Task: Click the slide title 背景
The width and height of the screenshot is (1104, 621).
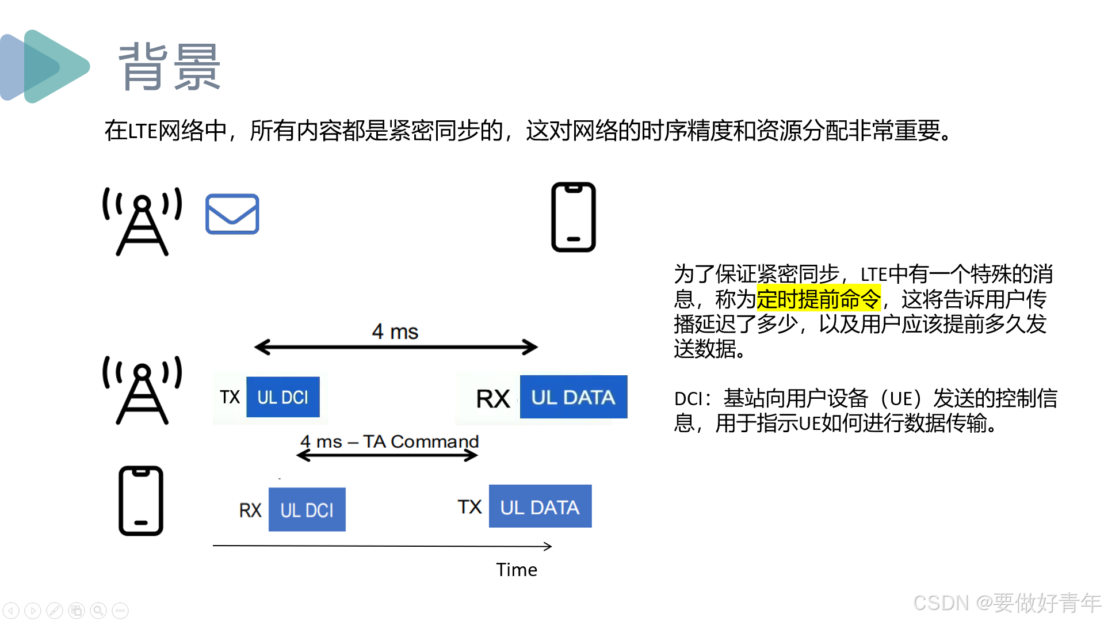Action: [169, 67]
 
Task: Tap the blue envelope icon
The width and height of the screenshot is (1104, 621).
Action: [232, 214]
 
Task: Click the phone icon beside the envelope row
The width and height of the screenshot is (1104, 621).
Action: [573, 217]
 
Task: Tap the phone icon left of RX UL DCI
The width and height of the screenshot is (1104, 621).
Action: [141, 501]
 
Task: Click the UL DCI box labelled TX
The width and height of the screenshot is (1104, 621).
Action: [282, 397]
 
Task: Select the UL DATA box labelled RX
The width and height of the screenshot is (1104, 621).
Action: [573, 397]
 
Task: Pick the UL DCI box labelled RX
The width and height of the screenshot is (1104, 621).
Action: [307, 510]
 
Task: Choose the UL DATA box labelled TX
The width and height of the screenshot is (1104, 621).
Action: [540, 506]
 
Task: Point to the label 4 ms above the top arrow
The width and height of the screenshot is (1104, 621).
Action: [395, 332]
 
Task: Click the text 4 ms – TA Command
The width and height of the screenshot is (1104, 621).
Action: [389, 441]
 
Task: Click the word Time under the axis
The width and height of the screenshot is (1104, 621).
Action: [517, 570]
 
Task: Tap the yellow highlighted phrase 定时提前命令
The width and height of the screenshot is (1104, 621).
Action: [818, 299]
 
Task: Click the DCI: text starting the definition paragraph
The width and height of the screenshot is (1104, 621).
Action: [693, 399]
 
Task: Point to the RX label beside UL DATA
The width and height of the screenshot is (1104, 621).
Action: [493, 398]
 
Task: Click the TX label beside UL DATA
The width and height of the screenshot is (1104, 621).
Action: [469, 507]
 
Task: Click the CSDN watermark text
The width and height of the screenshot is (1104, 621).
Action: [1007, 603]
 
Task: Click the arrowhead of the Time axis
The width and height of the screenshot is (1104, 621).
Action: [548, 546]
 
